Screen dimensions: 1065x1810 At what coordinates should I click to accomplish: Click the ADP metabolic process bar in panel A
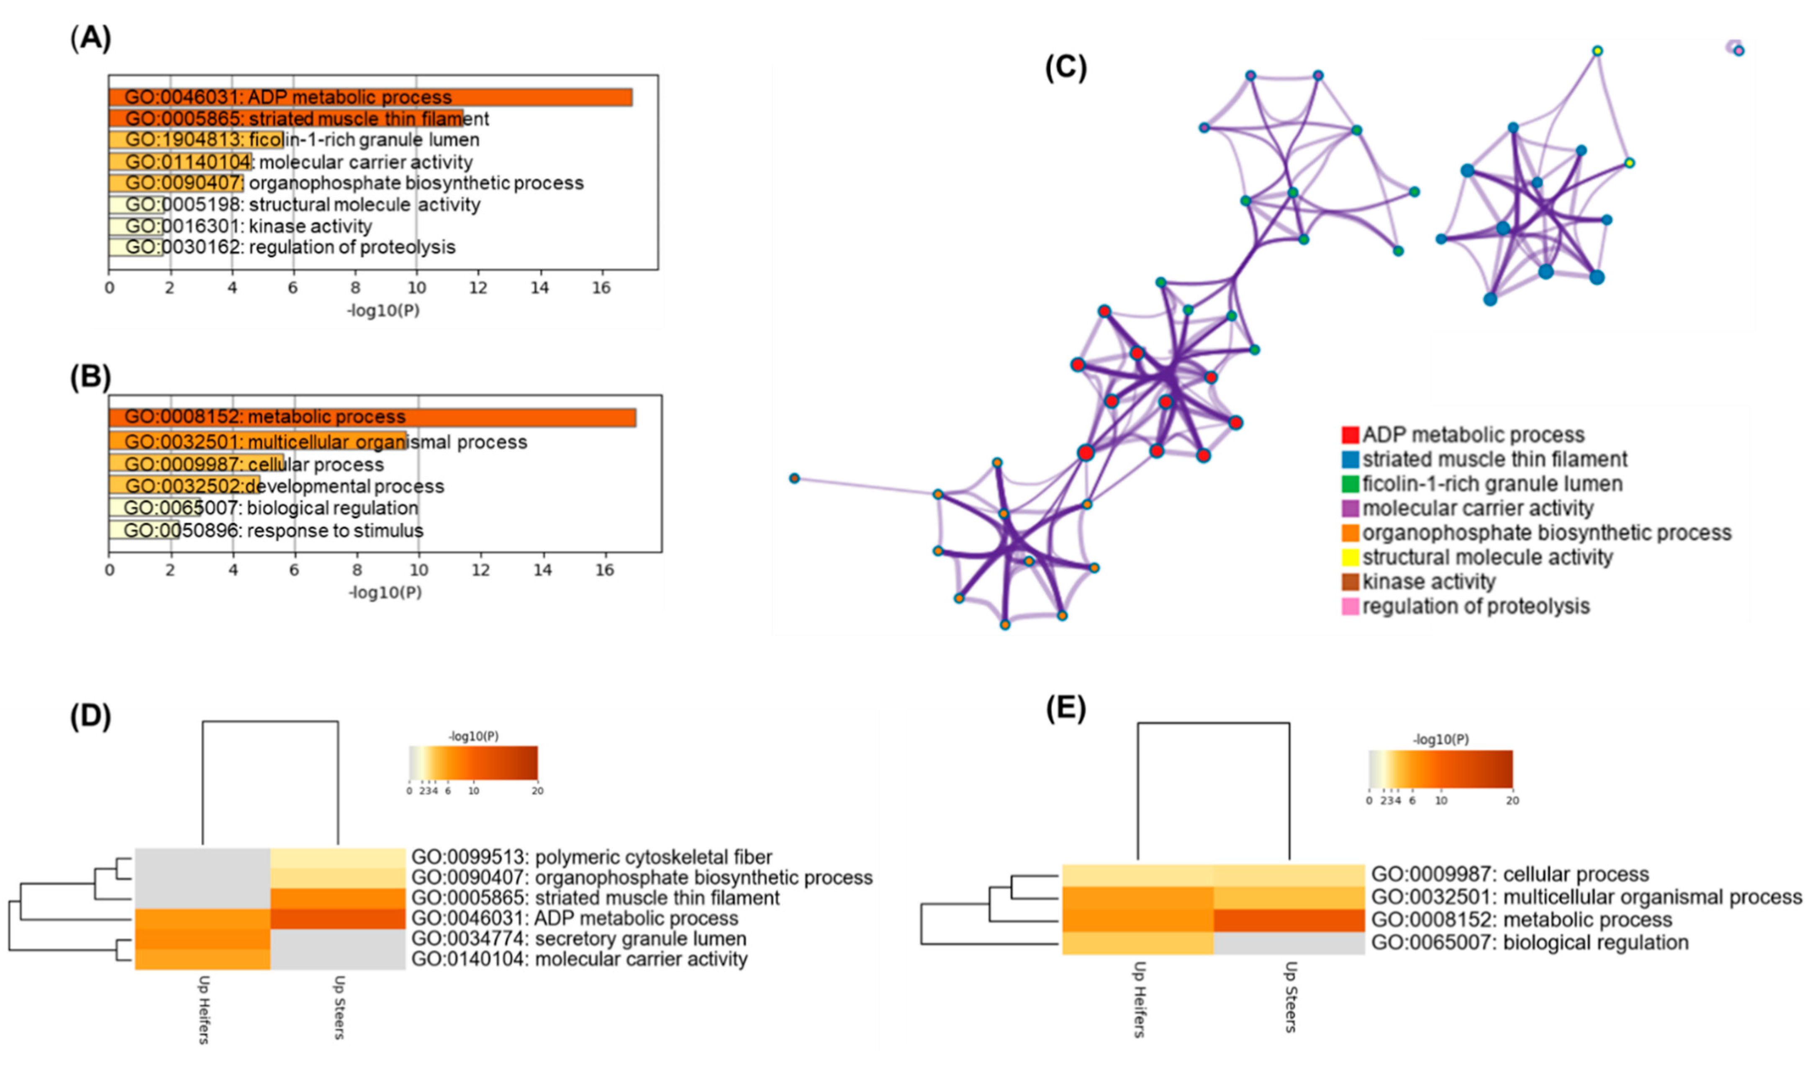[370, 97]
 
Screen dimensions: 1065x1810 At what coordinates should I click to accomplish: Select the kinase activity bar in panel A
[136, 226]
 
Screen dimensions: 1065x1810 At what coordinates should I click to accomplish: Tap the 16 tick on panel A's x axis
[601, 288]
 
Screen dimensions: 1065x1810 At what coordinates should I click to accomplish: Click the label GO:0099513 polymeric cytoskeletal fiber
[591, 857]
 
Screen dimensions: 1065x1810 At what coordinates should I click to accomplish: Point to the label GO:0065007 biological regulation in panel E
[1530, 943]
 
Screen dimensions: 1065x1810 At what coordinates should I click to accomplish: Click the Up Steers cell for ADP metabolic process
[338, 919]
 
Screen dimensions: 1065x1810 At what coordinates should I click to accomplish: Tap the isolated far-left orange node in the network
[793, 478]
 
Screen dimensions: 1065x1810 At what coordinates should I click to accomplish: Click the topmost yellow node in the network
[1597, 51]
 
